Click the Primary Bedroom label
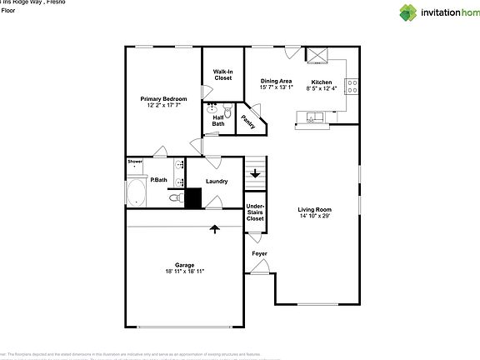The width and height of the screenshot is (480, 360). click(x=162, y=99)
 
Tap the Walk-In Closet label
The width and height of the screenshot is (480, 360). click(x=222, y=75)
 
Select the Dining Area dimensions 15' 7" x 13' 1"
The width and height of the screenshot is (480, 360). click(x=276, y=87)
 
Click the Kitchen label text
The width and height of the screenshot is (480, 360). click(x=322, y=82)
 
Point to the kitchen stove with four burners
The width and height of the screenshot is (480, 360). click(x=352, y=83)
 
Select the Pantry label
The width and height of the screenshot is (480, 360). click(x=247, y=121)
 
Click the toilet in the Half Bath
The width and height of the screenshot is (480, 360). click(x=227, y=108)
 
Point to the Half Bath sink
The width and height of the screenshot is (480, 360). click(x=212, y=108)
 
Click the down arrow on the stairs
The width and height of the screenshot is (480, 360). click(x=255, y=174)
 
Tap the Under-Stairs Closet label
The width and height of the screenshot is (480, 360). click(x=255, y=212)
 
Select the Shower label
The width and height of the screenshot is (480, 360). click(x=135, y=161)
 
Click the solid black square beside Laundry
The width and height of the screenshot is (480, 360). click(x=193, y=198)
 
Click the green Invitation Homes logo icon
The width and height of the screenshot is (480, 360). click(x=407, y=12)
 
